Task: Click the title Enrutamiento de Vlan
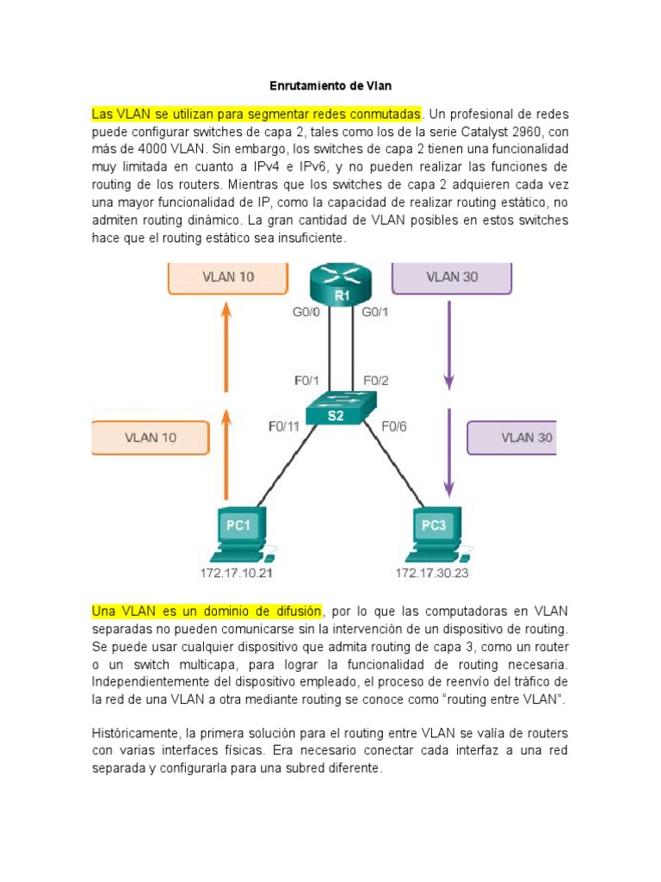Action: point(330,87)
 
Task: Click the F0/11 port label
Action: point(284,425)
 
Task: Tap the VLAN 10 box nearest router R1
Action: point(227,277)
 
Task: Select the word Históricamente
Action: point(135,733)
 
